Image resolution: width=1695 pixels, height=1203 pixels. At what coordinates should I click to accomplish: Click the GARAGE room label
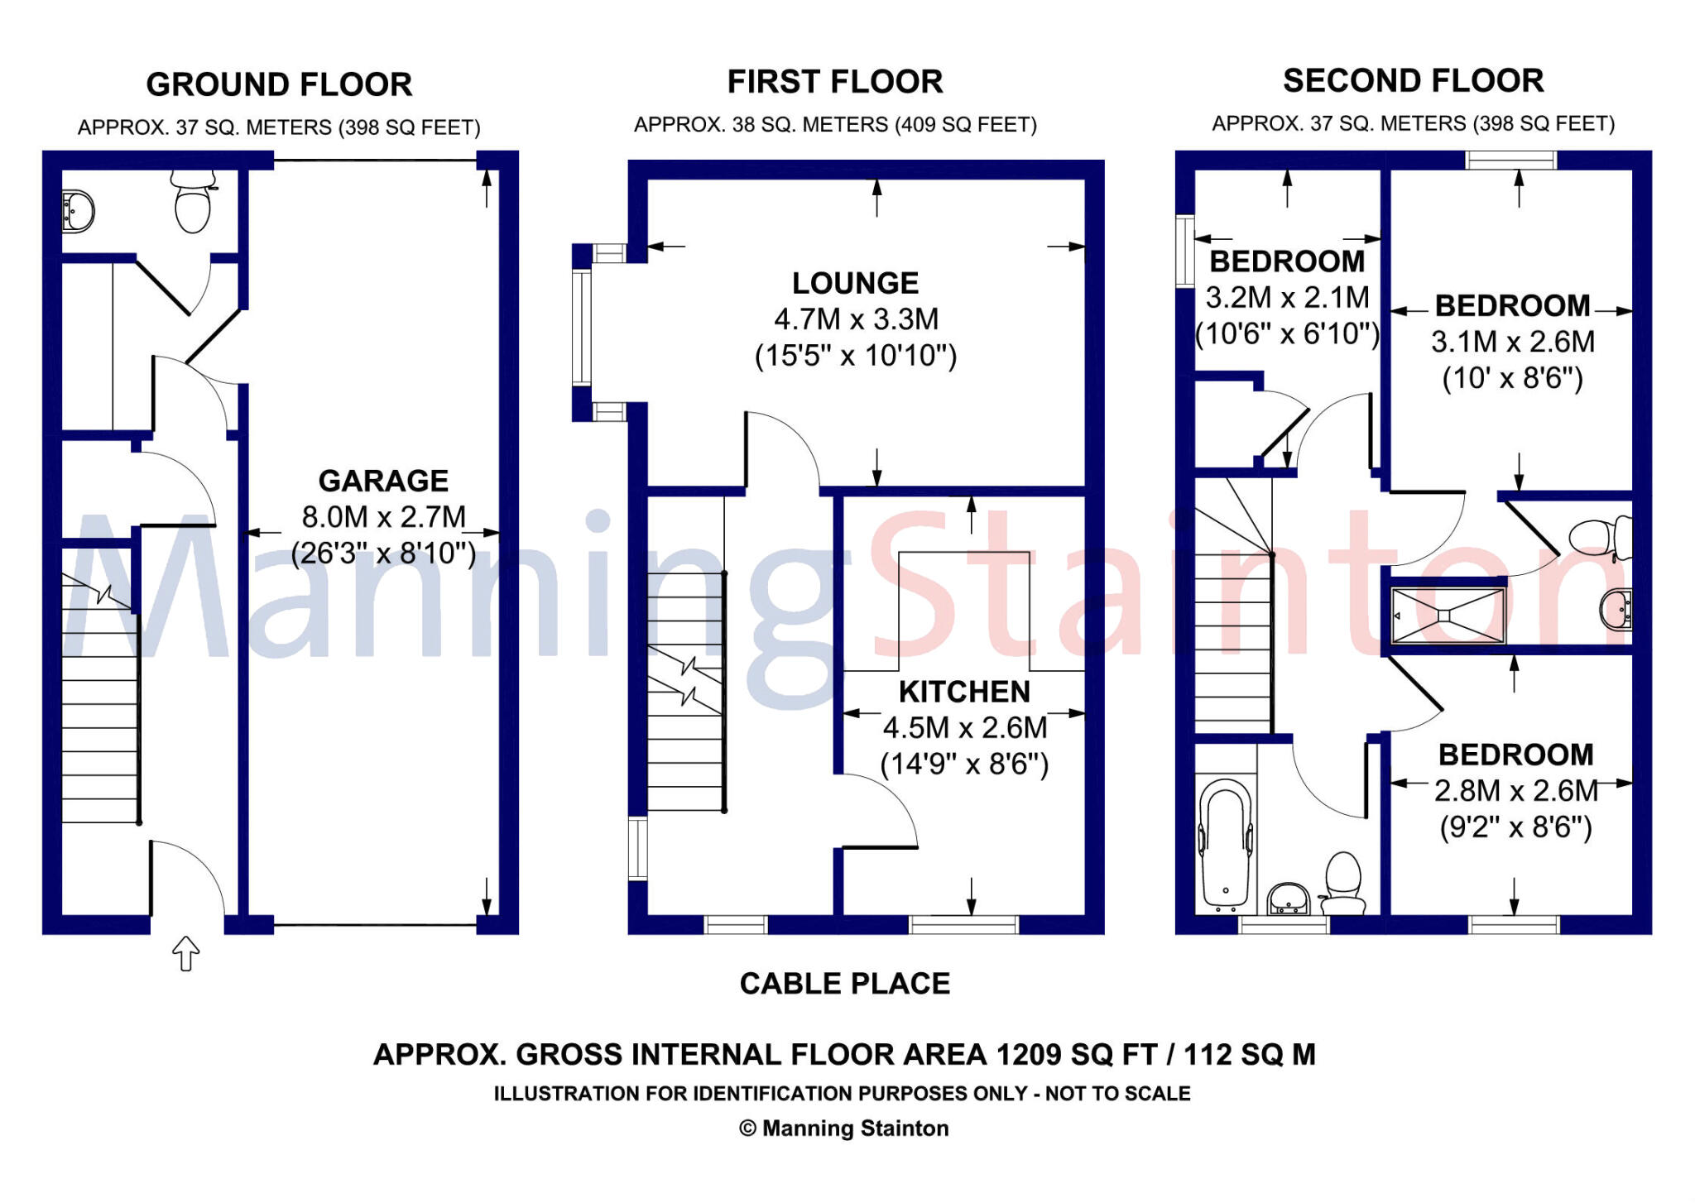(383, 481)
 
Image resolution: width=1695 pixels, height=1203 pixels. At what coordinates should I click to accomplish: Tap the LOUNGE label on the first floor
(855, 284)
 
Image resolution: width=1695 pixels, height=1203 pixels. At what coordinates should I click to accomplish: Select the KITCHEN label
(964, 692)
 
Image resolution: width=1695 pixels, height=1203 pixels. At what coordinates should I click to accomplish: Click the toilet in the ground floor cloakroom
(193, 202)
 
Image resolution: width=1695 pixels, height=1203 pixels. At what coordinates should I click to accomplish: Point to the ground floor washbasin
(78, 211)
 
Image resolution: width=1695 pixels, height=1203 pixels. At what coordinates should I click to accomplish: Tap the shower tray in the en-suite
(1447, 615)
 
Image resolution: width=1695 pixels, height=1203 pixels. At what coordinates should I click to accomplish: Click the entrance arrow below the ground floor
(185, 953)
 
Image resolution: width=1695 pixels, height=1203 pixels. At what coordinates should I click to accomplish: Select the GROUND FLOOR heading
(279, 84)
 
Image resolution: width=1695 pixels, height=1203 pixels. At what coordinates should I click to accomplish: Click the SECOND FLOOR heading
(1413, 81)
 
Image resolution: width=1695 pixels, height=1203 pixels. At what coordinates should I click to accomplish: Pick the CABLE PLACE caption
(844, 984)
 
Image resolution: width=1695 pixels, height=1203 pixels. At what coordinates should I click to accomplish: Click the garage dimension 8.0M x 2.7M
(384, 517)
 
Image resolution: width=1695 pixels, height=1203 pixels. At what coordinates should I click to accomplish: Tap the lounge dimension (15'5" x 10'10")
(856, 356)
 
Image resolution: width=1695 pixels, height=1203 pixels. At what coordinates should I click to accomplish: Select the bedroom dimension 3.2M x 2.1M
(1287, 298)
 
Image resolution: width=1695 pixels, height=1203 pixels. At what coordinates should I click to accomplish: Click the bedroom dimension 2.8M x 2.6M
(1516, 791)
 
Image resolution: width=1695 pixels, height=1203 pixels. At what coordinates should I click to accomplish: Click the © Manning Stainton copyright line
(843, 1129)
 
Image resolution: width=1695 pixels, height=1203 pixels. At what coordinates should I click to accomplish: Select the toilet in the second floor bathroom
(1343, 884)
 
